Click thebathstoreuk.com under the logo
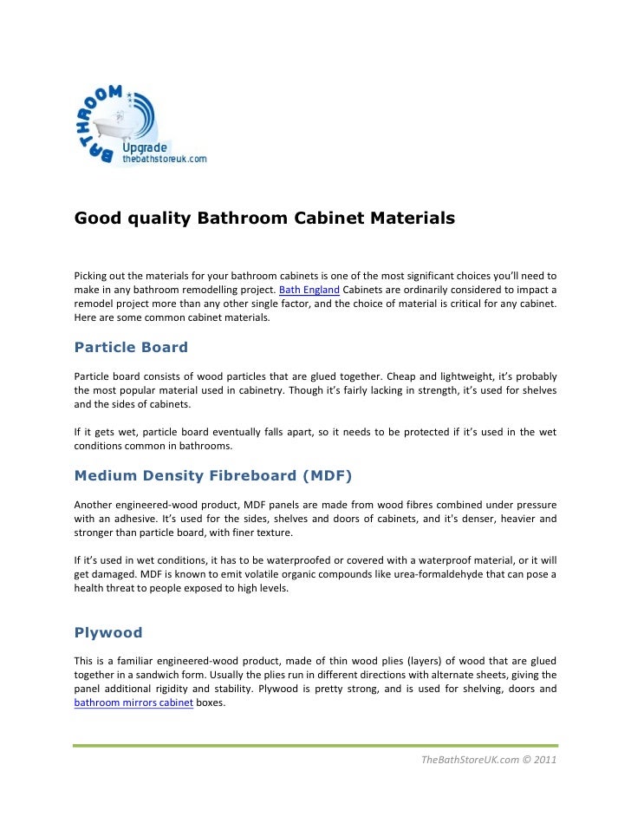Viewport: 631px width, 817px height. [164, 160]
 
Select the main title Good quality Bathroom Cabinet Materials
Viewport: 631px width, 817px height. [264, 219]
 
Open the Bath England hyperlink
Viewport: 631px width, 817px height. [309, 289]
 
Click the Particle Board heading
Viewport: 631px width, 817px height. [131, 348]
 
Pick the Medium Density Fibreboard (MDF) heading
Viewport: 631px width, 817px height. [213, 475]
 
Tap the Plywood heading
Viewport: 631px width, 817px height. [108, 632]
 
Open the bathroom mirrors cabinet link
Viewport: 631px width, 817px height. [133, 703]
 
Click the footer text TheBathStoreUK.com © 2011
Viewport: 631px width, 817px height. [488, 761]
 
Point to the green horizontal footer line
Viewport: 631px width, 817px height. [315, 745]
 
